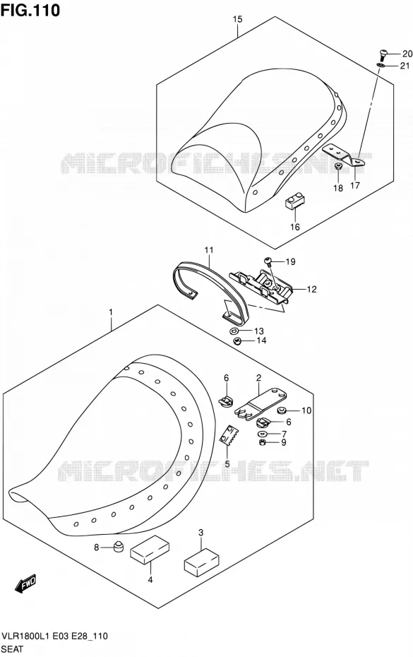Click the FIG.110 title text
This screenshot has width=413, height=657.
coord(30,10)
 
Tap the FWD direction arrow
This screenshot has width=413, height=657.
coord(26,584)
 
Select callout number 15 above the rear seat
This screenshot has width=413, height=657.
coord(237,19)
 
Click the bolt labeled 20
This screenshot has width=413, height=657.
coord(383,55)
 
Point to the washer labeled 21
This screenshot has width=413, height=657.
coord(381,65)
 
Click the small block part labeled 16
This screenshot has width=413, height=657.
coord(294,202)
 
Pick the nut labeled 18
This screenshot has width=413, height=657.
coord(338,167)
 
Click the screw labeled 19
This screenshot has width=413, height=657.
coord(268,261)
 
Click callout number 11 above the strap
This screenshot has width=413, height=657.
coord(209,250)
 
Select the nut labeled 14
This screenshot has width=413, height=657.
coord(237,341)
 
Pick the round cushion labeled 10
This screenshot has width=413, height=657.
coord(282,410)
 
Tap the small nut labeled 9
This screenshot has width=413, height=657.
coord(263,442)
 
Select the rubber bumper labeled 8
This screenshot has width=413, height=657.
coord(119,546)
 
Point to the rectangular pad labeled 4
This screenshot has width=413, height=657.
coord(150,550)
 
